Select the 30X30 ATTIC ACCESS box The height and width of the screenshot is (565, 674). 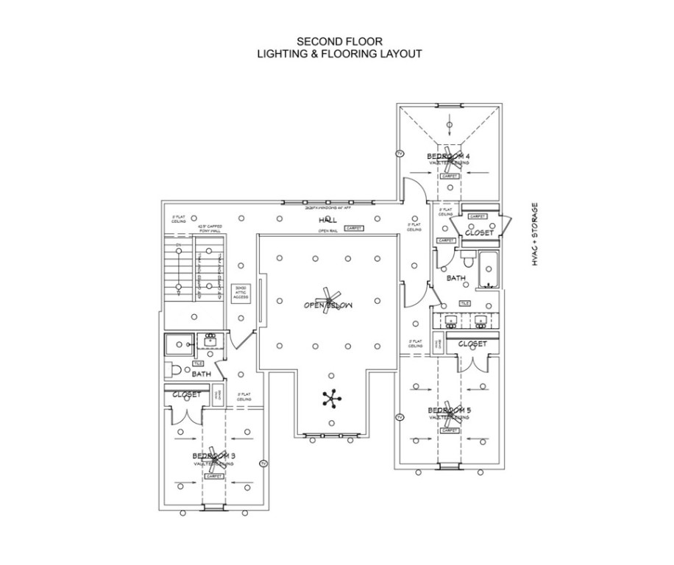[x=240, y=292]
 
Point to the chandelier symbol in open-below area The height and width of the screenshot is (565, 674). [x=332, y=398]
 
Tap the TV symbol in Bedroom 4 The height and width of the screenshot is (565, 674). [x=400, y=153]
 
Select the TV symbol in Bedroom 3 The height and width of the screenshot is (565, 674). [x=263, y=463]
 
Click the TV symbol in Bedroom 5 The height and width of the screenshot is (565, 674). [x=400, y=417]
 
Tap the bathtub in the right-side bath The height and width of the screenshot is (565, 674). [x=488, y=270]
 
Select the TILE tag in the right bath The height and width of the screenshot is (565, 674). [x=464, y=303]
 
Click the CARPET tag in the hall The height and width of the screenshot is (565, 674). [x=354, y=229]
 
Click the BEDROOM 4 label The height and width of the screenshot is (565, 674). [x=448, y=156]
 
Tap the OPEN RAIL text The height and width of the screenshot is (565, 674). [x=327, y=231]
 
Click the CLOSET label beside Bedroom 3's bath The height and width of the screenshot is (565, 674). [x=186, y=395]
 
